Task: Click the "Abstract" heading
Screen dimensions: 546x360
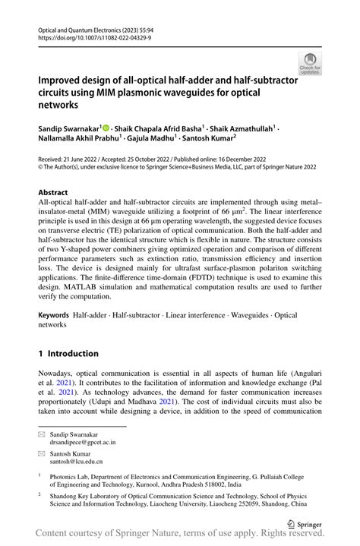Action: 55,193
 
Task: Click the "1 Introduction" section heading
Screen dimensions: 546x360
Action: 68,353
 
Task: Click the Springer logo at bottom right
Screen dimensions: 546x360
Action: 305,522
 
